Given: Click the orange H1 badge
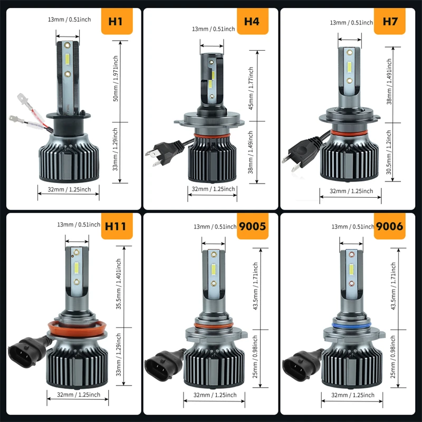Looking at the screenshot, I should [116, 22].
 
